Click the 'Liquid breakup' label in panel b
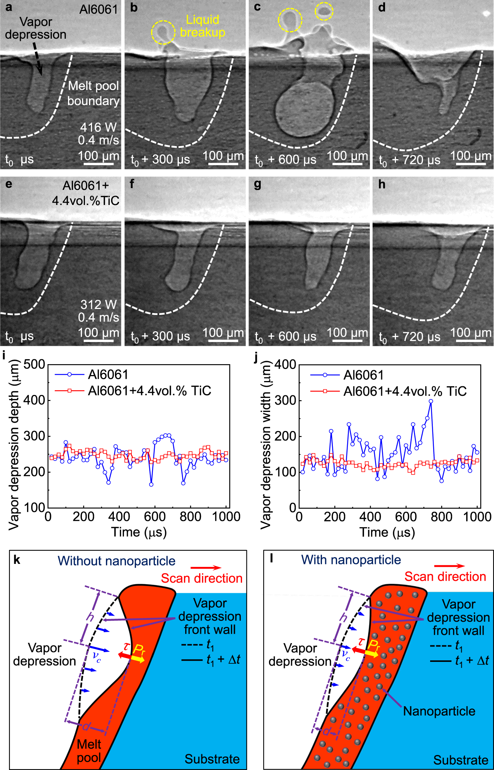202,26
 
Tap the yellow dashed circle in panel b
163,33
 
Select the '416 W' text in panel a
98,127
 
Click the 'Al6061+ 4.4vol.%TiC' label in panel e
86,193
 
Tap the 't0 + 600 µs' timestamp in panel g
286,337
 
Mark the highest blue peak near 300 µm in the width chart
431,401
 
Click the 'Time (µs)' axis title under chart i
139,532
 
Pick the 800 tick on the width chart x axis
441,517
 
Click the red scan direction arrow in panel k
206,568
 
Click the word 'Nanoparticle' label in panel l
439,711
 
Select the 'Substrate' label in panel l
461,760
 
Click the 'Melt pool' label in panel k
89,750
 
